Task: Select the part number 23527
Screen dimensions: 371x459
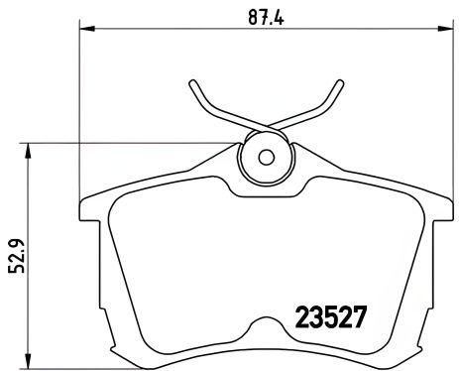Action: [x=332, y=316]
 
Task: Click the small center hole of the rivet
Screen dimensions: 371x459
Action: [x=266, y=156]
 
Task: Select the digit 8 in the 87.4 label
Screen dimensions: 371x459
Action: [x=251, y=16]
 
